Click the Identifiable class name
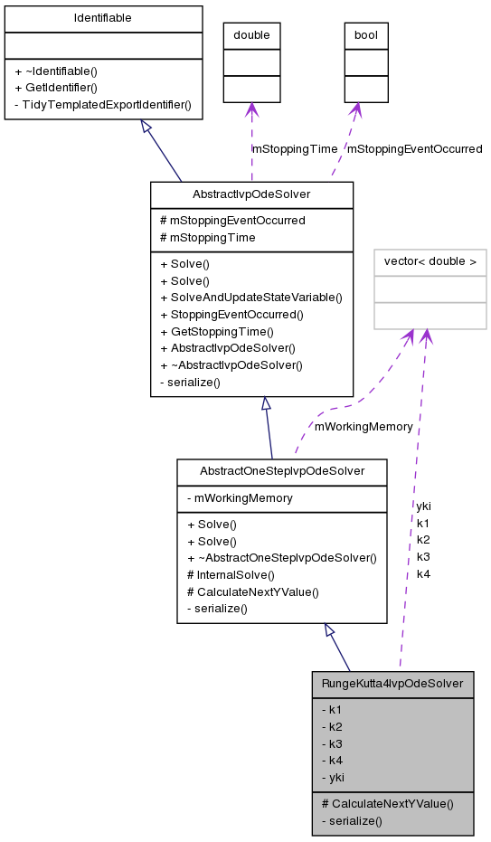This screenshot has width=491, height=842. pos(102,18)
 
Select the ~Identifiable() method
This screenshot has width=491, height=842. pos(56,70)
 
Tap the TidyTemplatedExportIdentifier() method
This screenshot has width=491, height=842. pos(102,104)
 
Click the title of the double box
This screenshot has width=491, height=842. pos(251,35)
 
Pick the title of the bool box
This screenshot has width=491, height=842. pos(366,35)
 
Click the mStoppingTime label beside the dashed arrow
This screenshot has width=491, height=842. pos(295,148)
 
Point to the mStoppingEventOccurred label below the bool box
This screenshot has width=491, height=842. pos(414,148)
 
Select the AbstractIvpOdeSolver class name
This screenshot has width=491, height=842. pos(251,194)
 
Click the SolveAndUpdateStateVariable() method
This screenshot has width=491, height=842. pos(250,298)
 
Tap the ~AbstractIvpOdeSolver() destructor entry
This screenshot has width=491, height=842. pos(231,365)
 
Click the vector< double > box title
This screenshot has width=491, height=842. pos(430,261)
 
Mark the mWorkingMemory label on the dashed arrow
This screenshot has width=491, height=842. pos(364,426)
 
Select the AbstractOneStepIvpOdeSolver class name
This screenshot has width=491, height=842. pos(282,471)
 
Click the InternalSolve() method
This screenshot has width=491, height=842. pos(231,574)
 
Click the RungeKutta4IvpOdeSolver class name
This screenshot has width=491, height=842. pos(392,683)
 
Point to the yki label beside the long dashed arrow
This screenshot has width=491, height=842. pos(423,506)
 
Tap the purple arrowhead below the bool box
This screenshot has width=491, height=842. pos(357,109)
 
